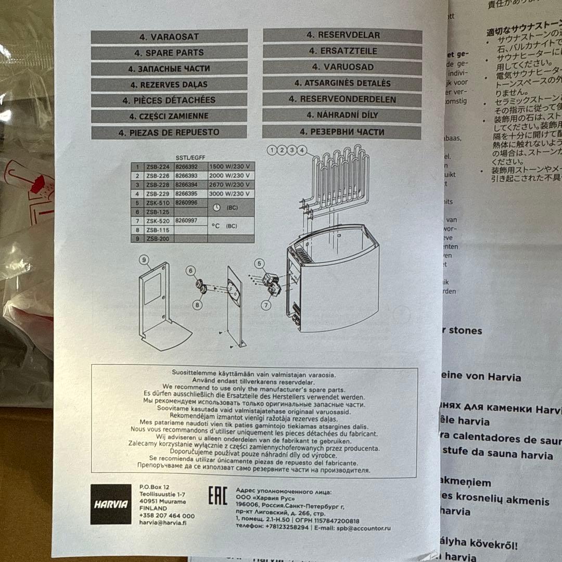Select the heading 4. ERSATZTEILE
(342, 51)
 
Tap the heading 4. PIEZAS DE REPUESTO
(169, 132)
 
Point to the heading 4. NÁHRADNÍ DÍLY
(342, 115)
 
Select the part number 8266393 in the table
(186, 176)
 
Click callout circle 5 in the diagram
(259, 263)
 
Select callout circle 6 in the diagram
(191, 270)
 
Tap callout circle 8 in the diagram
(197, 305)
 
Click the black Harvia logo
(111, 504)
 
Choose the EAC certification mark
(218, 496)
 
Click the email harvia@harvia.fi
(163, 523)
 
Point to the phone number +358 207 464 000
(167, 516)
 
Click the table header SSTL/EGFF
(190, 156)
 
